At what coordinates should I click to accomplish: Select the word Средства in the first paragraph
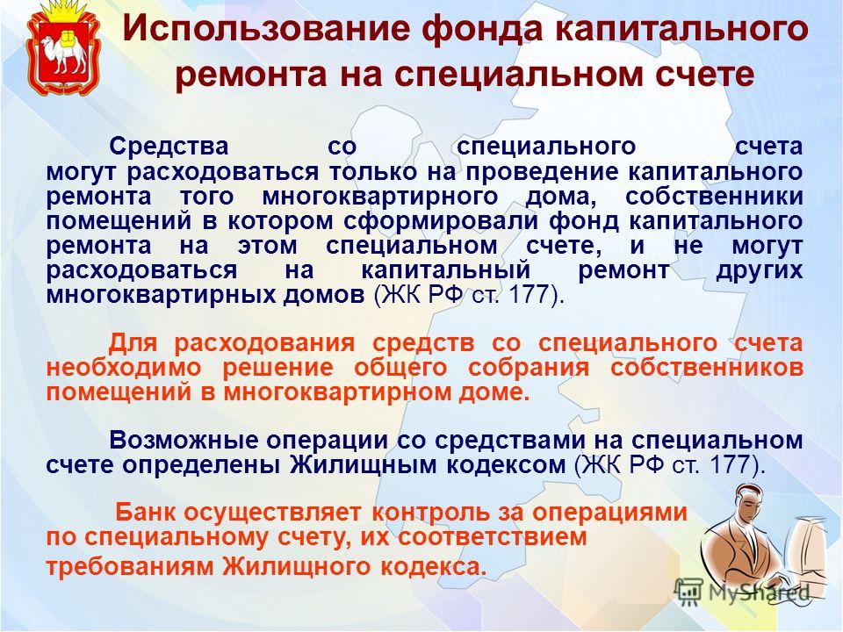click(x=169, y=147)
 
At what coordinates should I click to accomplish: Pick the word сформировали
click(x=441, y=221)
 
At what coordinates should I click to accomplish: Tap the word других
click(x=759, y=270)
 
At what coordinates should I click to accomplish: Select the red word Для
click(x=133, y=343)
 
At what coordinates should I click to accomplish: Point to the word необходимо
click(x=124, y=368)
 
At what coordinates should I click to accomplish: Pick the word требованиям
click(x=130, y=568)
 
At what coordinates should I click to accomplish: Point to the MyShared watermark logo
click(x=742, y=592)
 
